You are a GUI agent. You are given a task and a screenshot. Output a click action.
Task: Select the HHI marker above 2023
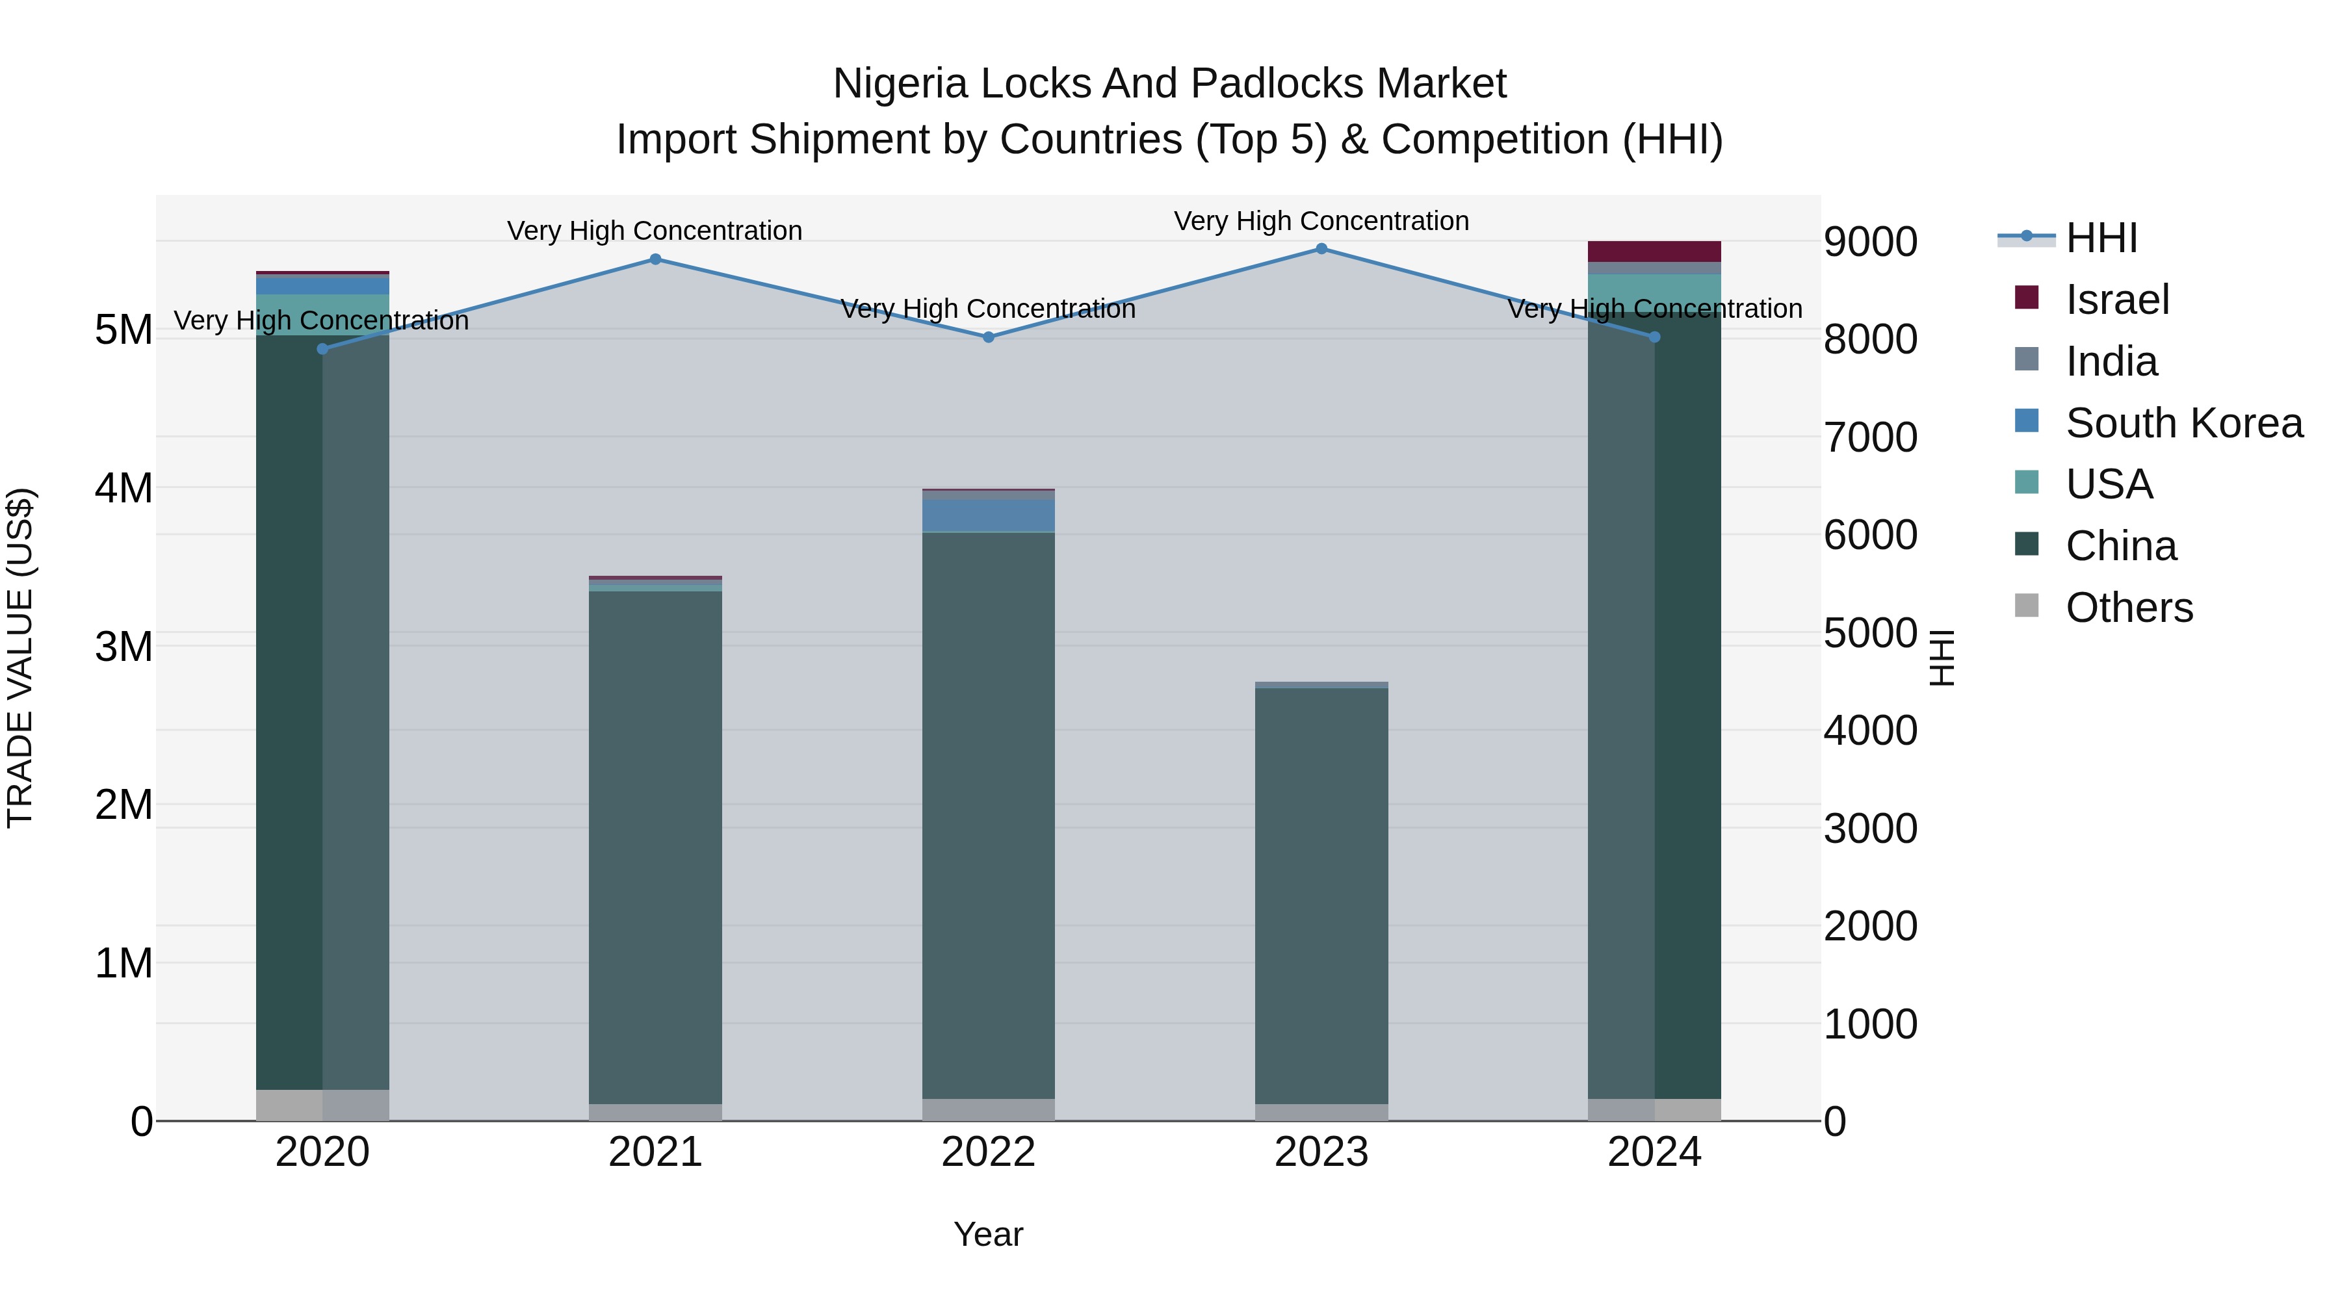[x=1321, y=249]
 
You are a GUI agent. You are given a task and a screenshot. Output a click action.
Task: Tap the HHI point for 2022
[x=988, y=337]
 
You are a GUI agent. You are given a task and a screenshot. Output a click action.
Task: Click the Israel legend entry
[x=2116, y=300]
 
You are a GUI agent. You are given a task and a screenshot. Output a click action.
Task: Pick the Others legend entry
[x=2128, y=608]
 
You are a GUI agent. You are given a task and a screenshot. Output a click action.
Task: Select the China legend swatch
[x=2027, y=545]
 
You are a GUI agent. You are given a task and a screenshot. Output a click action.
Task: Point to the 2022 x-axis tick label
[x=988, y=1152]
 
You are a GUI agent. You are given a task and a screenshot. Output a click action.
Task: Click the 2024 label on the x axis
[x=1654, y=1152]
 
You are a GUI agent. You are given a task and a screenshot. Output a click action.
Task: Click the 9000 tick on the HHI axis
[x=1870, y=242]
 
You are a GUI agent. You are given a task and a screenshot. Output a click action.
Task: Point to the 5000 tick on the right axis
[x=1870, y=633]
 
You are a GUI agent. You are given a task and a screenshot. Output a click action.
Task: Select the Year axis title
[x=988, y=1234]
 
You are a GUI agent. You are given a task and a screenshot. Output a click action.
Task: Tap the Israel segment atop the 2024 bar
[x=1654, y=252]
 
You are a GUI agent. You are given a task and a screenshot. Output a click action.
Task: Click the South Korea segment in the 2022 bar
[x=988, y=515]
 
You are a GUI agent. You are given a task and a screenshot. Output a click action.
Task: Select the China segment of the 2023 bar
[x=1321, y=895]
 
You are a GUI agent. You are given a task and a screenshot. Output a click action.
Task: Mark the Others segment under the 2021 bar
[x=655, y=1112]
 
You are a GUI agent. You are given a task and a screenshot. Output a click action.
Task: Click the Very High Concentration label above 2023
[x=1321, y=221]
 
